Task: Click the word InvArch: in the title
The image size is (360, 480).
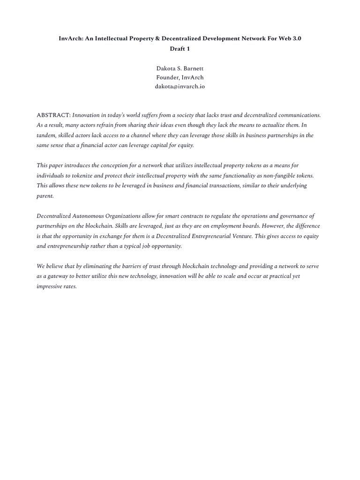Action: point(71,39)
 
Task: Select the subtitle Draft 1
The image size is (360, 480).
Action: point(180,48)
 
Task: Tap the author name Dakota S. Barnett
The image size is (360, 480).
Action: point(180,68)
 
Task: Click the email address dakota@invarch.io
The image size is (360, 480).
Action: point(180,86)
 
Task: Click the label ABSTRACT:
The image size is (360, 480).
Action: point(53,115)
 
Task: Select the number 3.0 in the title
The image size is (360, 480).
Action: point(296,39)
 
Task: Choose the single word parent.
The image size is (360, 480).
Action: point(45,195)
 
